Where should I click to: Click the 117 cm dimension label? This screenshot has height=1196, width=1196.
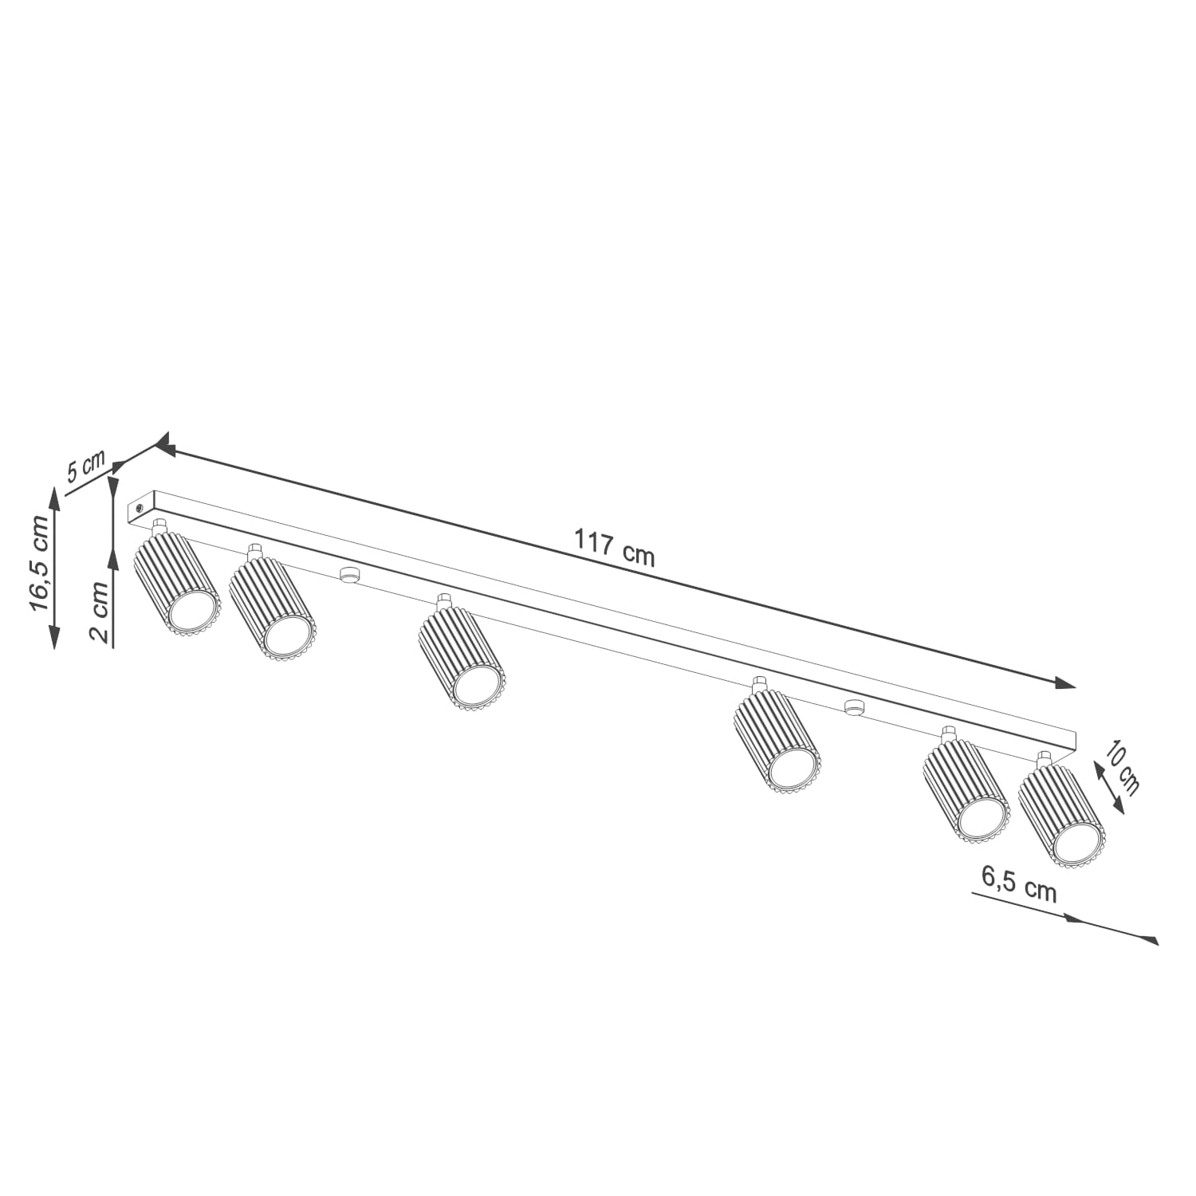tap(614, 549)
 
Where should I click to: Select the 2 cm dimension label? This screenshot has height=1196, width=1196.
tap(99, 612)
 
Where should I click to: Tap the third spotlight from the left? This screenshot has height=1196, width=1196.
tap(462, 654)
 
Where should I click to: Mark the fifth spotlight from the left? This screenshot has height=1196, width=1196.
tap(966, 789)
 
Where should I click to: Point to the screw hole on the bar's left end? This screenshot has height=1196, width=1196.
tap(140, 506)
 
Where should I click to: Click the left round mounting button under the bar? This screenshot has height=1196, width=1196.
tap(348, 574)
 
